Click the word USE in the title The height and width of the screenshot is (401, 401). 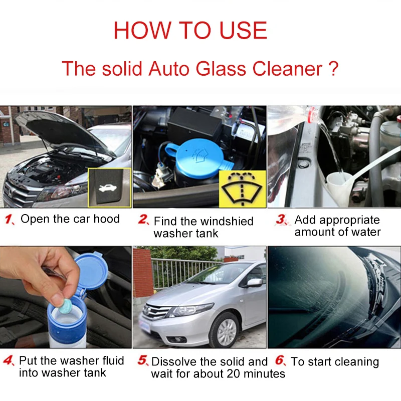[243, 30]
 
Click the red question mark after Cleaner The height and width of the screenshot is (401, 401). [333, 69]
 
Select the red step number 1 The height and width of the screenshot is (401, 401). [9, 220]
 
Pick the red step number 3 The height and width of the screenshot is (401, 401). [281, 220]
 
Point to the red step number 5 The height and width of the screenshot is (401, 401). [143, 360]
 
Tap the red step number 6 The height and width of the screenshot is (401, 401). [280, 360]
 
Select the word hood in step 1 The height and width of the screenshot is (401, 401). [106, 219]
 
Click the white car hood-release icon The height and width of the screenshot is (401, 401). [108, 188]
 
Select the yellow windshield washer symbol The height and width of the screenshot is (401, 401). [242, 188]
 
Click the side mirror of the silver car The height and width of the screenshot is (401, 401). [254, 283]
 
